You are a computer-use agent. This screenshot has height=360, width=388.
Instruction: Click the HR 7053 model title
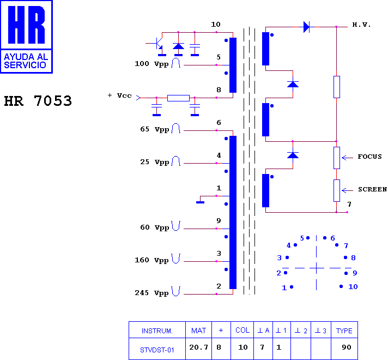38,101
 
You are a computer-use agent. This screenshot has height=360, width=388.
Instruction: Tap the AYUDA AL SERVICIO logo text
26,61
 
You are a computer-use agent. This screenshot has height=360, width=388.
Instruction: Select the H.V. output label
361,25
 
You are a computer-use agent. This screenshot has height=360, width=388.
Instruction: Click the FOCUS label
369,157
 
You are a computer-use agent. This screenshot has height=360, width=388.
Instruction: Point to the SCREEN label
372,189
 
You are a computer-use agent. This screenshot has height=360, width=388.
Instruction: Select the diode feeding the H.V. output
306,27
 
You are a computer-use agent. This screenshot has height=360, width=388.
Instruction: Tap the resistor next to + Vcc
178,98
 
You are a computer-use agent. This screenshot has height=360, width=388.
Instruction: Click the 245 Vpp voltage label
151,293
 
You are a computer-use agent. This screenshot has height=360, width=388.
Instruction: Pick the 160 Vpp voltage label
151,260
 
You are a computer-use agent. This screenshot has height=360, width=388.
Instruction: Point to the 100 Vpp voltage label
151,64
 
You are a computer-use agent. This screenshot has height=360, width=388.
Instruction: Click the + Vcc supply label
120,95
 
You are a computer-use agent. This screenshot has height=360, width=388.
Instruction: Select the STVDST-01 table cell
157,350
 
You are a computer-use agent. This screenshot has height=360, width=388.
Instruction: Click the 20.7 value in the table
199,347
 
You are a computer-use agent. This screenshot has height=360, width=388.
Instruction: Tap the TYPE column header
344,331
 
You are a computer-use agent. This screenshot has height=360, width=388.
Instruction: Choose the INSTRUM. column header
157,331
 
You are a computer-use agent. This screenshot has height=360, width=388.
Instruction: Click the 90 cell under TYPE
347,347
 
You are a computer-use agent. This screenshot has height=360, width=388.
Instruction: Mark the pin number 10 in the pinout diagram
353,287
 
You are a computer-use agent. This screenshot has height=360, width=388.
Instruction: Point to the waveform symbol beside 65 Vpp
176,128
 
